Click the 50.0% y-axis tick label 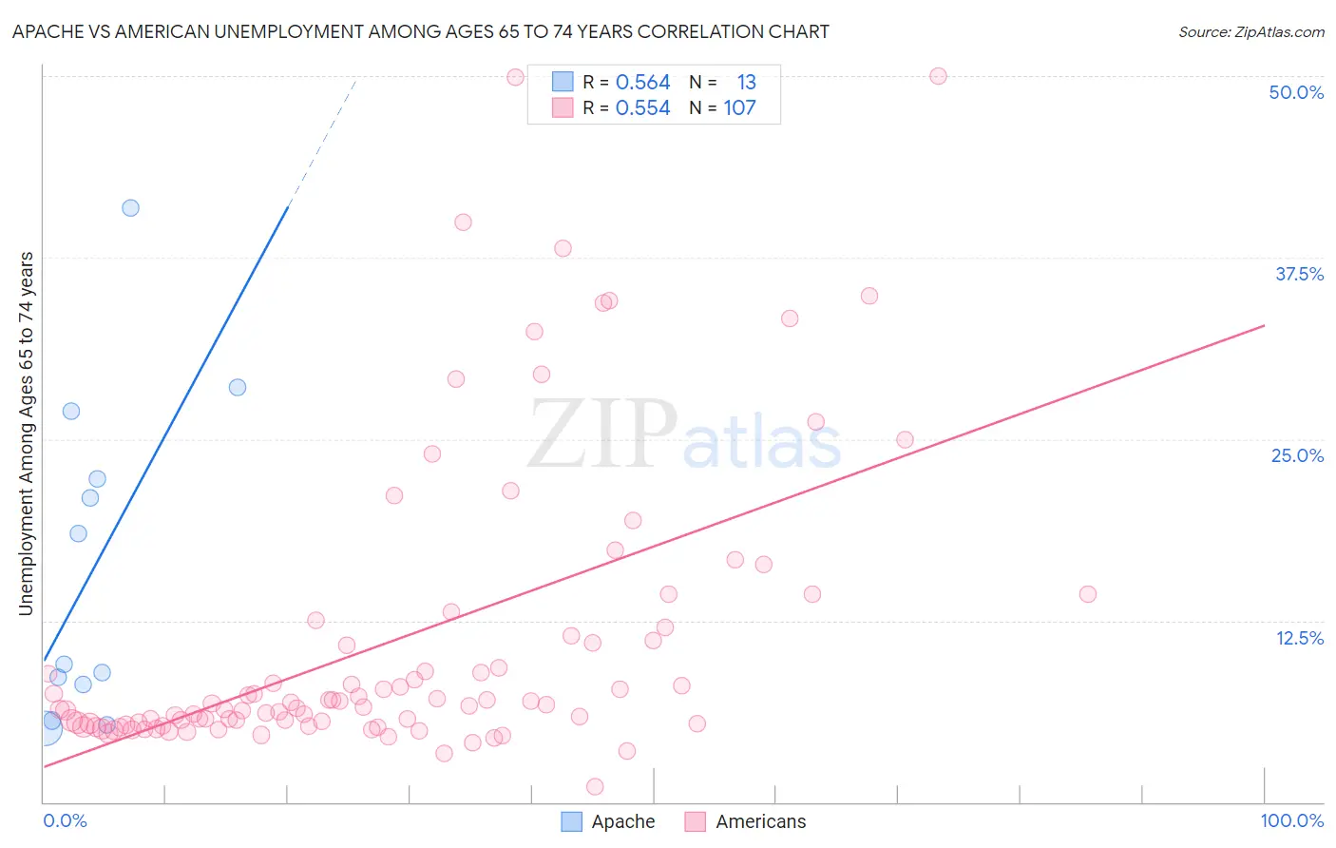point(1296,92)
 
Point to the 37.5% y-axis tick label point(1299,274)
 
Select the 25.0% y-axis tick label point(1297,455)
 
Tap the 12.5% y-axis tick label point(1299,638)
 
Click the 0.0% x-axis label point(65,820)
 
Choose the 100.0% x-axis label point(1291,820)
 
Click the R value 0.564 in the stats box point(642,83)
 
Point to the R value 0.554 point(642,108)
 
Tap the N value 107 point(739,108)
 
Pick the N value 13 point(746,83)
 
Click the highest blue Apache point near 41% point(131,208)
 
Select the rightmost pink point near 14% point(1088,594)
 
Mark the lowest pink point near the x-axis point(595,786)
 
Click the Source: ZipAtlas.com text point(1250,32)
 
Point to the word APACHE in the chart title point(47,32)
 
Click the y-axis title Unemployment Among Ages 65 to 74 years point(27,434)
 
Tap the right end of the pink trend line point(1264,326)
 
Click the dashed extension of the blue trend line point(323,143)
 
